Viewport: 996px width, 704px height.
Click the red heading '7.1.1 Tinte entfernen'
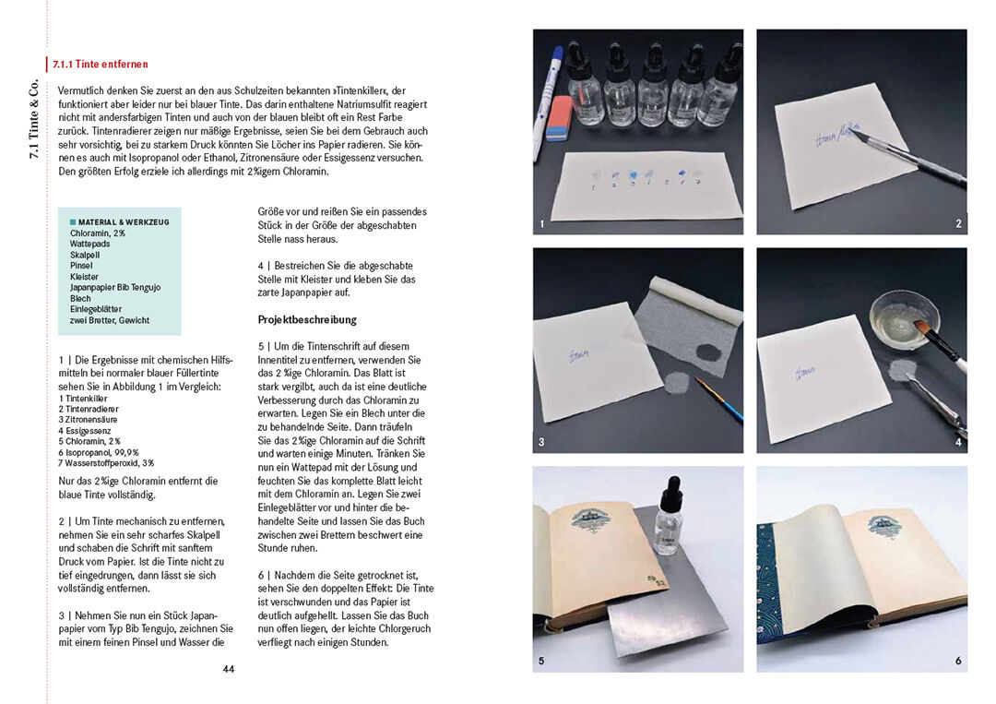click(x=101, y=65)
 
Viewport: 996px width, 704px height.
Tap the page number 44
click(x=229, y=669)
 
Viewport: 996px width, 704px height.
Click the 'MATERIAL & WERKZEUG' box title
click(x=124, y=222)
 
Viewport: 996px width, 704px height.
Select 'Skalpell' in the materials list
click(x=85, y=255)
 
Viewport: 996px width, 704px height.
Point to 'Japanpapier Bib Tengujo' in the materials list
click(x=115, y=287)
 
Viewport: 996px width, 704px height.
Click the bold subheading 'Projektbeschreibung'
click(x=307, y=319)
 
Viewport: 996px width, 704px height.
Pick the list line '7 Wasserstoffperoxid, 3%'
click(x=106, y=463)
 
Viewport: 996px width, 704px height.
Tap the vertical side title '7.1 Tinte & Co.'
click(x=33, y=119)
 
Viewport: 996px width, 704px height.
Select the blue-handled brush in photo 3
click(x=719, y=399)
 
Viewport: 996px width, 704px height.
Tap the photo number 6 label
click(x=958, y=661)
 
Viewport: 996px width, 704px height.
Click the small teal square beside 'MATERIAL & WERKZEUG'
click(x=73, y=222)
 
